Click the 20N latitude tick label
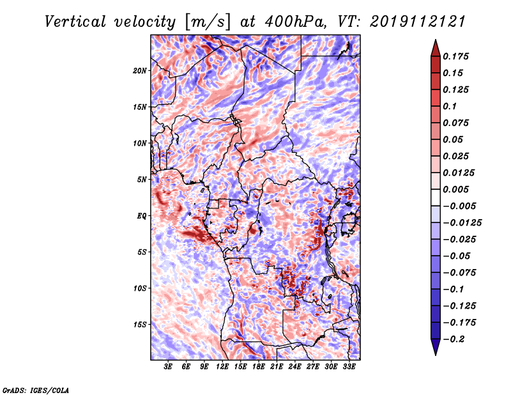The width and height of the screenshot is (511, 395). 140,71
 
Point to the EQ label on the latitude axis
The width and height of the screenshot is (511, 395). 141,216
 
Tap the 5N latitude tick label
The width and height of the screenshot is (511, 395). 142,180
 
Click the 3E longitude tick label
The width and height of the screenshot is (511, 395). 168,366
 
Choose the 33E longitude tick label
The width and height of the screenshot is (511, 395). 349,366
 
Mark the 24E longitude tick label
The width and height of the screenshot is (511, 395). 294,366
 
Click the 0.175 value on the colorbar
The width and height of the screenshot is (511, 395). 455,56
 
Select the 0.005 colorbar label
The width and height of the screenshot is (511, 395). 455,189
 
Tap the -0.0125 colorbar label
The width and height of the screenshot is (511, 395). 462,223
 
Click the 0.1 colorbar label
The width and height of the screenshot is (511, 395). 450,106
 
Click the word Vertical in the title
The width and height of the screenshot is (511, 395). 75,22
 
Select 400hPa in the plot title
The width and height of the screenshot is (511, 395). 295,22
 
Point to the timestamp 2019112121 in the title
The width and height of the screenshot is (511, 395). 418,22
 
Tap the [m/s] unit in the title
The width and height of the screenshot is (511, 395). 207,22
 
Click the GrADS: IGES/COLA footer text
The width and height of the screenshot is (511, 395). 36,390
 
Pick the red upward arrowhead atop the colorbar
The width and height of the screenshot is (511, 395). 436,48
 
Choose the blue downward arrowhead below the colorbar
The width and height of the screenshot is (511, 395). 436,347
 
